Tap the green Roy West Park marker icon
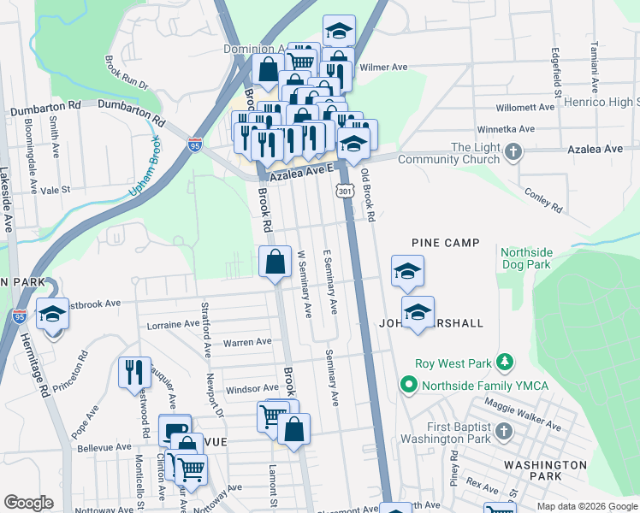tap(505, 363)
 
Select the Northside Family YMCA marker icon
tap(408, 385)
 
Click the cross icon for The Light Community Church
tap(513, 153)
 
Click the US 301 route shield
tap(345, 192)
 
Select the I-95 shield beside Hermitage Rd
tap(20, 316)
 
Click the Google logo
tap(28, 503)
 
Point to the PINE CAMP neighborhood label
tap(445, 244)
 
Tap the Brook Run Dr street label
tap(127, 74)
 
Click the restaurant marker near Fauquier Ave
tap(134, 372)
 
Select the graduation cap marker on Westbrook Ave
tap(52, 314)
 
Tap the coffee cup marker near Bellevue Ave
tap(175, 430)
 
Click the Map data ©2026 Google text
tap(586, 506)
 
